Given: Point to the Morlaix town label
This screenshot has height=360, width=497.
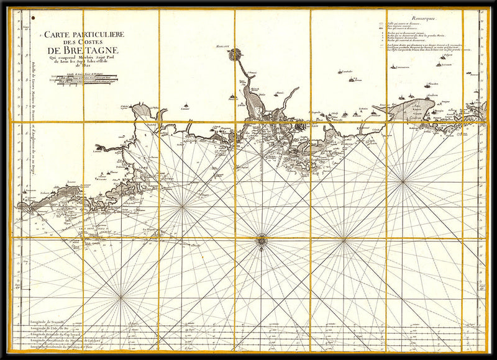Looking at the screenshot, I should point(225,47).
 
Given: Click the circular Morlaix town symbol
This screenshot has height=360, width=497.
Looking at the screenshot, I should point(235,55).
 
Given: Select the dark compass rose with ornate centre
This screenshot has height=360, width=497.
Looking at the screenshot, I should point(262,238).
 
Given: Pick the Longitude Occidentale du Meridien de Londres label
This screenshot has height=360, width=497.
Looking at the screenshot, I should point(62,340).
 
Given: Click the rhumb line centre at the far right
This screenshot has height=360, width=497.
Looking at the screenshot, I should point(404,181).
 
